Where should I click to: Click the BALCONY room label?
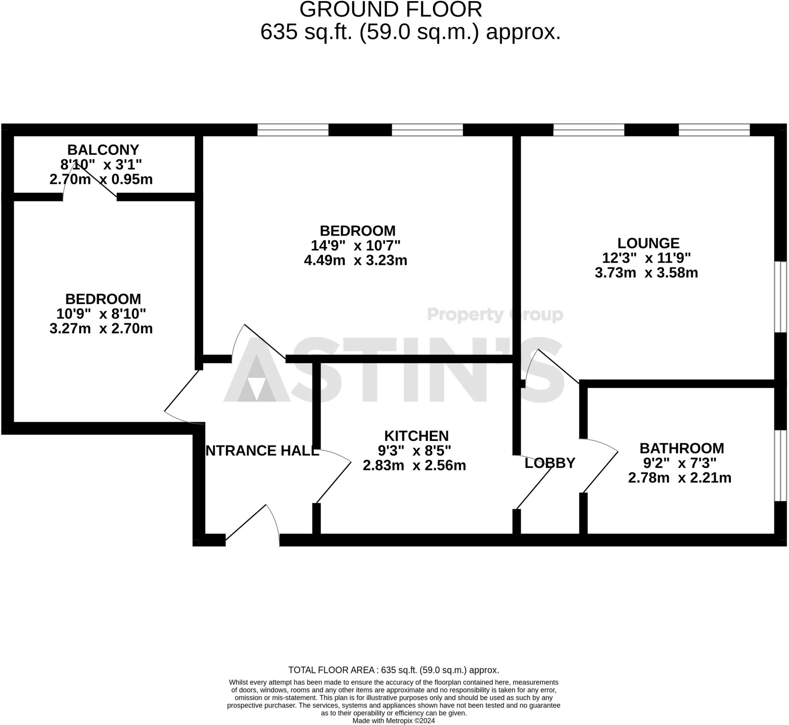pos(103,150)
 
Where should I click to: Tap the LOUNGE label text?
pos(648,243)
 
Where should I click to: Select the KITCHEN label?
pos(416,436)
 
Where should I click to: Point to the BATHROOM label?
pos(682,448)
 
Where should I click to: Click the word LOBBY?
pos(549,463)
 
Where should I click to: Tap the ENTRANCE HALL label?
pos(262,451)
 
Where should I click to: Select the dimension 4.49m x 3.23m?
pos(355,260)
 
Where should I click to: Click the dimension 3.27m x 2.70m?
pos(101,328)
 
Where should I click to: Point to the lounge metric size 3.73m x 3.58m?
pos(646,273)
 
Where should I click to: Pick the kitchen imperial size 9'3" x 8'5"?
pos(415,451)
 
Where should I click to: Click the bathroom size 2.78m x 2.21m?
pos(680,478)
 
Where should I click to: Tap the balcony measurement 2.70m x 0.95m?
pos(101,179)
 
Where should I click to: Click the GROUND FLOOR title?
pos(391,9)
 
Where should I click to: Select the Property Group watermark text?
pos(495,315)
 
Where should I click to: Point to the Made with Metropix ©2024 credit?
pos(393,721)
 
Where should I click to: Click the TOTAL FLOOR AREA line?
pos(393,670)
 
